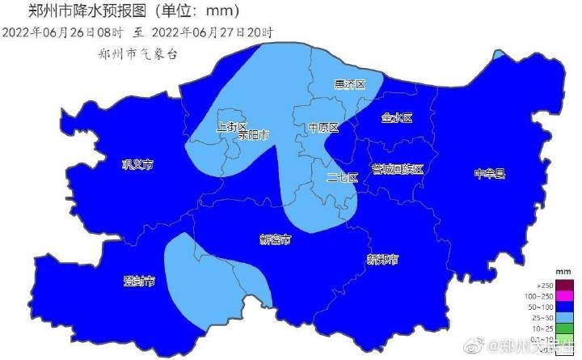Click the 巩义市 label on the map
[x=137, y=165]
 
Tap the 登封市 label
[x=139, y=281]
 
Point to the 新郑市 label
[x=382, y=260]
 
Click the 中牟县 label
[x=489, y=173]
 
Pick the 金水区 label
[x=396, y=118]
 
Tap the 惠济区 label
[x=349, y=85]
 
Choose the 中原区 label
[x=322, y=128]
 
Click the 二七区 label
[x=342, y=178]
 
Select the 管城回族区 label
[x=397, y=169]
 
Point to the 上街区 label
[x=233, y=127]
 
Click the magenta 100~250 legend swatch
[x=563, y=297]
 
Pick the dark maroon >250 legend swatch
[x=563, y=285]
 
